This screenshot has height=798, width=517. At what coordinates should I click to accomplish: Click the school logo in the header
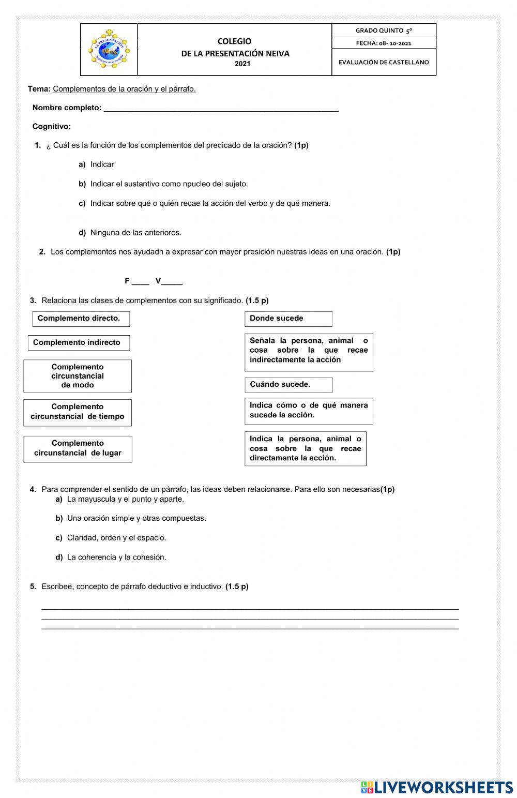(x=109, y=50)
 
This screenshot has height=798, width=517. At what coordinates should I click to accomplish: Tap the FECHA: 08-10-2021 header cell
(x=384, y=43)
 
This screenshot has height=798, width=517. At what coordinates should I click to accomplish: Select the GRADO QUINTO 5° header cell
(x=384, y=31)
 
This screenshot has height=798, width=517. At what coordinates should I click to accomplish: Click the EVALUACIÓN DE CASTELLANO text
(x=384, y=62)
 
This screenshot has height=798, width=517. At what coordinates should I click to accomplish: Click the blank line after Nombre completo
(x=221, y=109)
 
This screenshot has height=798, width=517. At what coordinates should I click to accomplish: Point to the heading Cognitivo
(x=52, y=126)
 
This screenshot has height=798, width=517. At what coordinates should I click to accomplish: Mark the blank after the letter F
(x=140, y=282)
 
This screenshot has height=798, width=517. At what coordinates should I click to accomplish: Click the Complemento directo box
(x=81, y=319)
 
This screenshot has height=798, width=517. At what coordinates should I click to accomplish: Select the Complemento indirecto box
(x=79, y=343)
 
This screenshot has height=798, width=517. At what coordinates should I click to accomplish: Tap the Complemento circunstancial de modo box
(x=78, y=376)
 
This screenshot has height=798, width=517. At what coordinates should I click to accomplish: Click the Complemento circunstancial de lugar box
(x=78, y=448)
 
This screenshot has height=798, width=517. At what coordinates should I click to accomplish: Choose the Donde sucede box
(x=288, y=319)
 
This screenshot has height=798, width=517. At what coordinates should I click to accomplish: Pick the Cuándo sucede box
(x=288, y=385)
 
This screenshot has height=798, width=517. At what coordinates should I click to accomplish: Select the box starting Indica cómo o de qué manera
(x=309, y=411)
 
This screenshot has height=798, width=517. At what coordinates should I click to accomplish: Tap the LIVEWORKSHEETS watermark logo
(x=437, y=787)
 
